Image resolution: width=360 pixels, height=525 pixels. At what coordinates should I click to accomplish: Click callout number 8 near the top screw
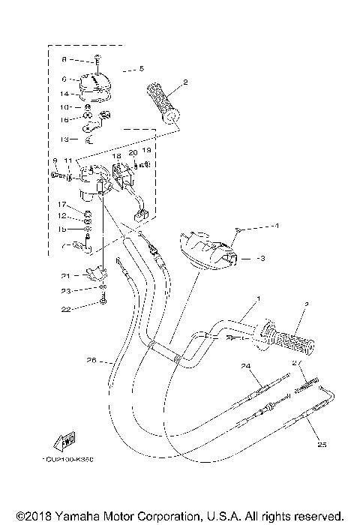64,58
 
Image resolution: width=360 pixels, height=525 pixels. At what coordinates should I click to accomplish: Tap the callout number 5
140,69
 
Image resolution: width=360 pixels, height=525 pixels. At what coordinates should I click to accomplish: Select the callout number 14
64,94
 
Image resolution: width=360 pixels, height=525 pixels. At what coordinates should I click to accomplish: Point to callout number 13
64,139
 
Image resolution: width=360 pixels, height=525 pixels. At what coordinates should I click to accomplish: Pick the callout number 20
132,152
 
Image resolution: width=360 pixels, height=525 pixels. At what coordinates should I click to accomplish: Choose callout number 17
64,205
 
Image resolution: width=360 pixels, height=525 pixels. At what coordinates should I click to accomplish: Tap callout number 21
65,275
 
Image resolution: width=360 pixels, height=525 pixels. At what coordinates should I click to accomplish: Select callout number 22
65,309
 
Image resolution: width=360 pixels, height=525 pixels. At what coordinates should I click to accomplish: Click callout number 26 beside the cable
91,360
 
